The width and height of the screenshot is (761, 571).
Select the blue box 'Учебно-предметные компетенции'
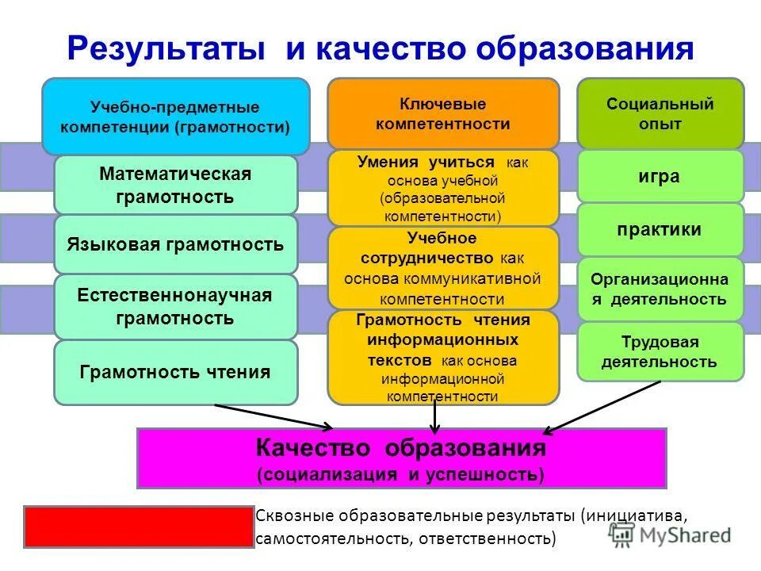[175, 116]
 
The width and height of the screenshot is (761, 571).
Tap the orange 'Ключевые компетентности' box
[443, 113]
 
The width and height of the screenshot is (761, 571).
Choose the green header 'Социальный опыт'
[660, 113]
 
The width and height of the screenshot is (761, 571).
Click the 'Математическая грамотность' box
[175, 185]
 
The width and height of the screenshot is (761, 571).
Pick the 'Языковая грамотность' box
[175, 244]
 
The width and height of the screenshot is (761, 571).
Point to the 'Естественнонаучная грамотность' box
[175, 307]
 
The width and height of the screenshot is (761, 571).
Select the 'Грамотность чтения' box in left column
[175, 372]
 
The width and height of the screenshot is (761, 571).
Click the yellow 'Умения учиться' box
[443, 188]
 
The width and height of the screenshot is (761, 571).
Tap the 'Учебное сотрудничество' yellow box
[443, 268]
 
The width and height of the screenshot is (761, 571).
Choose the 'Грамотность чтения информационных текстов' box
[443, 357]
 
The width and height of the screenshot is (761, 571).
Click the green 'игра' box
[660, 176]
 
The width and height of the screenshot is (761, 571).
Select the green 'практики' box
[660, 230]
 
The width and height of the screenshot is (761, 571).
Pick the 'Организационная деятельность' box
[660, 289]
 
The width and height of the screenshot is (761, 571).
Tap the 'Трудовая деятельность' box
[660, 352]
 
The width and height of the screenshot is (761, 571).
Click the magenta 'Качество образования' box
[401, 458]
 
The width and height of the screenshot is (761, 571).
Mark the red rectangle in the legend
[139, 526]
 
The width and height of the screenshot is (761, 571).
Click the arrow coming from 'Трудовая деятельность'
[602, 407]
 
